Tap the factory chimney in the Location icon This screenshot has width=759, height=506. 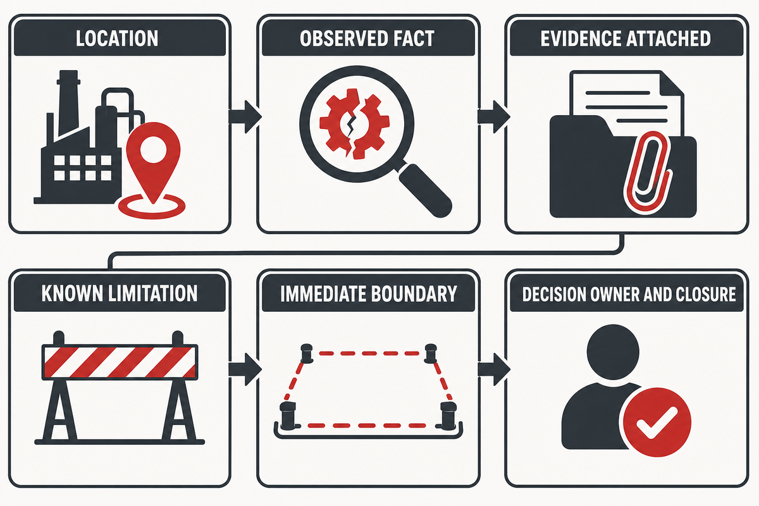point(68,102)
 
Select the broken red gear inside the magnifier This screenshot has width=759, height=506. point(354,124)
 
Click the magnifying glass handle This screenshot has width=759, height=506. point(426,190)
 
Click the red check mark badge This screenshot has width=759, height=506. point(657,423)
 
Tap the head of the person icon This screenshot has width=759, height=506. point(613,350)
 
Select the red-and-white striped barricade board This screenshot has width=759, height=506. point(120,362)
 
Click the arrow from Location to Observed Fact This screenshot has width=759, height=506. point(245,116)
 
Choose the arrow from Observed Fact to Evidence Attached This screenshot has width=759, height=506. point(493,116)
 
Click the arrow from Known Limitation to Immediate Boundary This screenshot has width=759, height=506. point(245,369)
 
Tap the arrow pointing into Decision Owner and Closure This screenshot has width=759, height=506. point(493,369)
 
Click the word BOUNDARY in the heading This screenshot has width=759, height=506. point(414,293)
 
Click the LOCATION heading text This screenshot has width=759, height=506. point(117,39)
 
